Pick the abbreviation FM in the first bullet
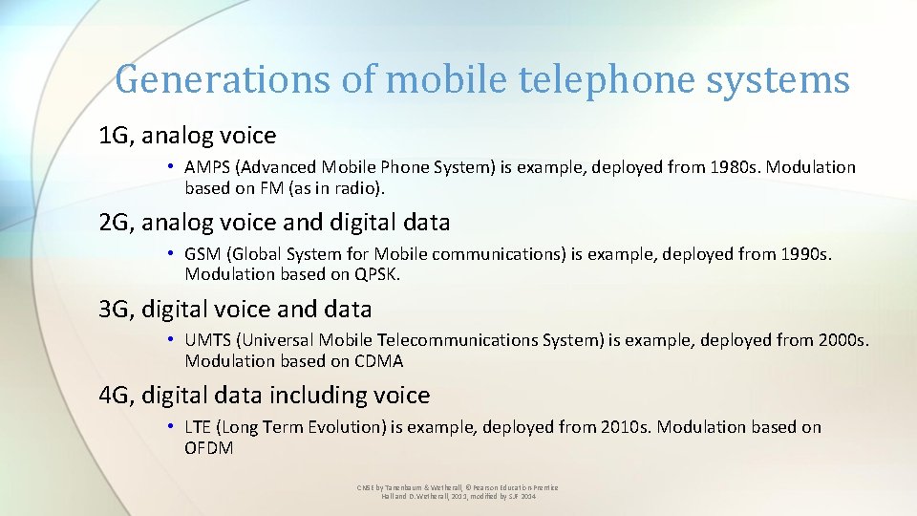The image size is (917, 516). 271,187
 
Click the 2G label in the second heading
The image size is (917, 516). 117,223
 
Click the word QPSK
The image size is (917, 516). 374,274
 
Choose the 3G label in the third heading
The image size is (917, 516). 117,310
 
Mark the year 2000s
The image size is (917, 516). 842,340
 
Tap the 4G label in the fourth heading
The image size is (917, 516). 117,396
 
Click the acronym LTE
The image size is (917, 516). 197,427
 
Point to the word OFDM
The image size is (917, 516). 209,447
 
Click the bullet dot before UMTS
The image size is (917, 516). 169,340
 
